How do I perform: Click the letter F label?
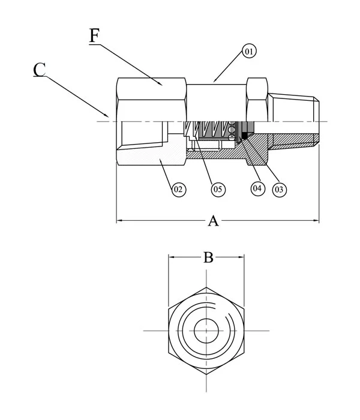(x=95, y=36)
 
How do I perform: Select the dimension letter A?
(x=212, y=221)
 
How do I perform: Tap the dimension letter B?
(x=208, y=258)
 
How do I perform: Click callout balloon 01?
(x=249, y=52)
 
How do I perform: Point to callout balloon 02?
(x=178, y=190)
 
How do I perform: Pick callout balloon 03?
(x=278, y=189)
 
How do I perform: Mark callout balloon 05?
(x=217, y=189)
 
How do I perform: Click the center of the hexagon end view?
(x=206, y=330)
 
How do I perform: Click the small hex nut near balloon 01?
(x=257, y=99)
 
